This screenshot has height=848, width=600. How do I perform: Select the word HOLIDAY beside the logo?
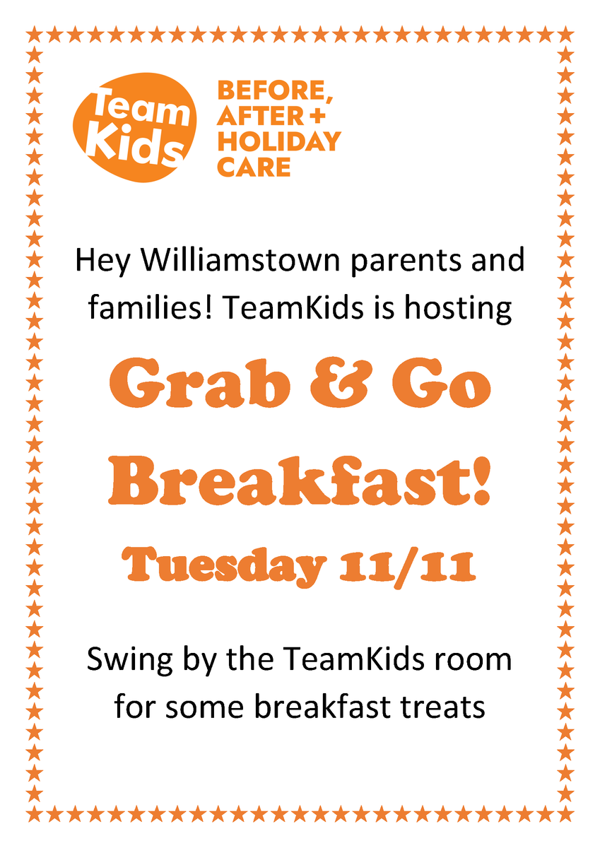[x=279, y=141]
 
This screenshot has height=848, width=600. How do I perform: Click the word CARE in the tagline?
[x=254, y=167]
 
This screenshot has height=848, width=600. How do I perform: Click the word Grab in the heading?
[x=199, y=383]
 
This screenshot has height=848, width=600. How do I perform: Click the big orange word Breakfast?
[x=300, y=481]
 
